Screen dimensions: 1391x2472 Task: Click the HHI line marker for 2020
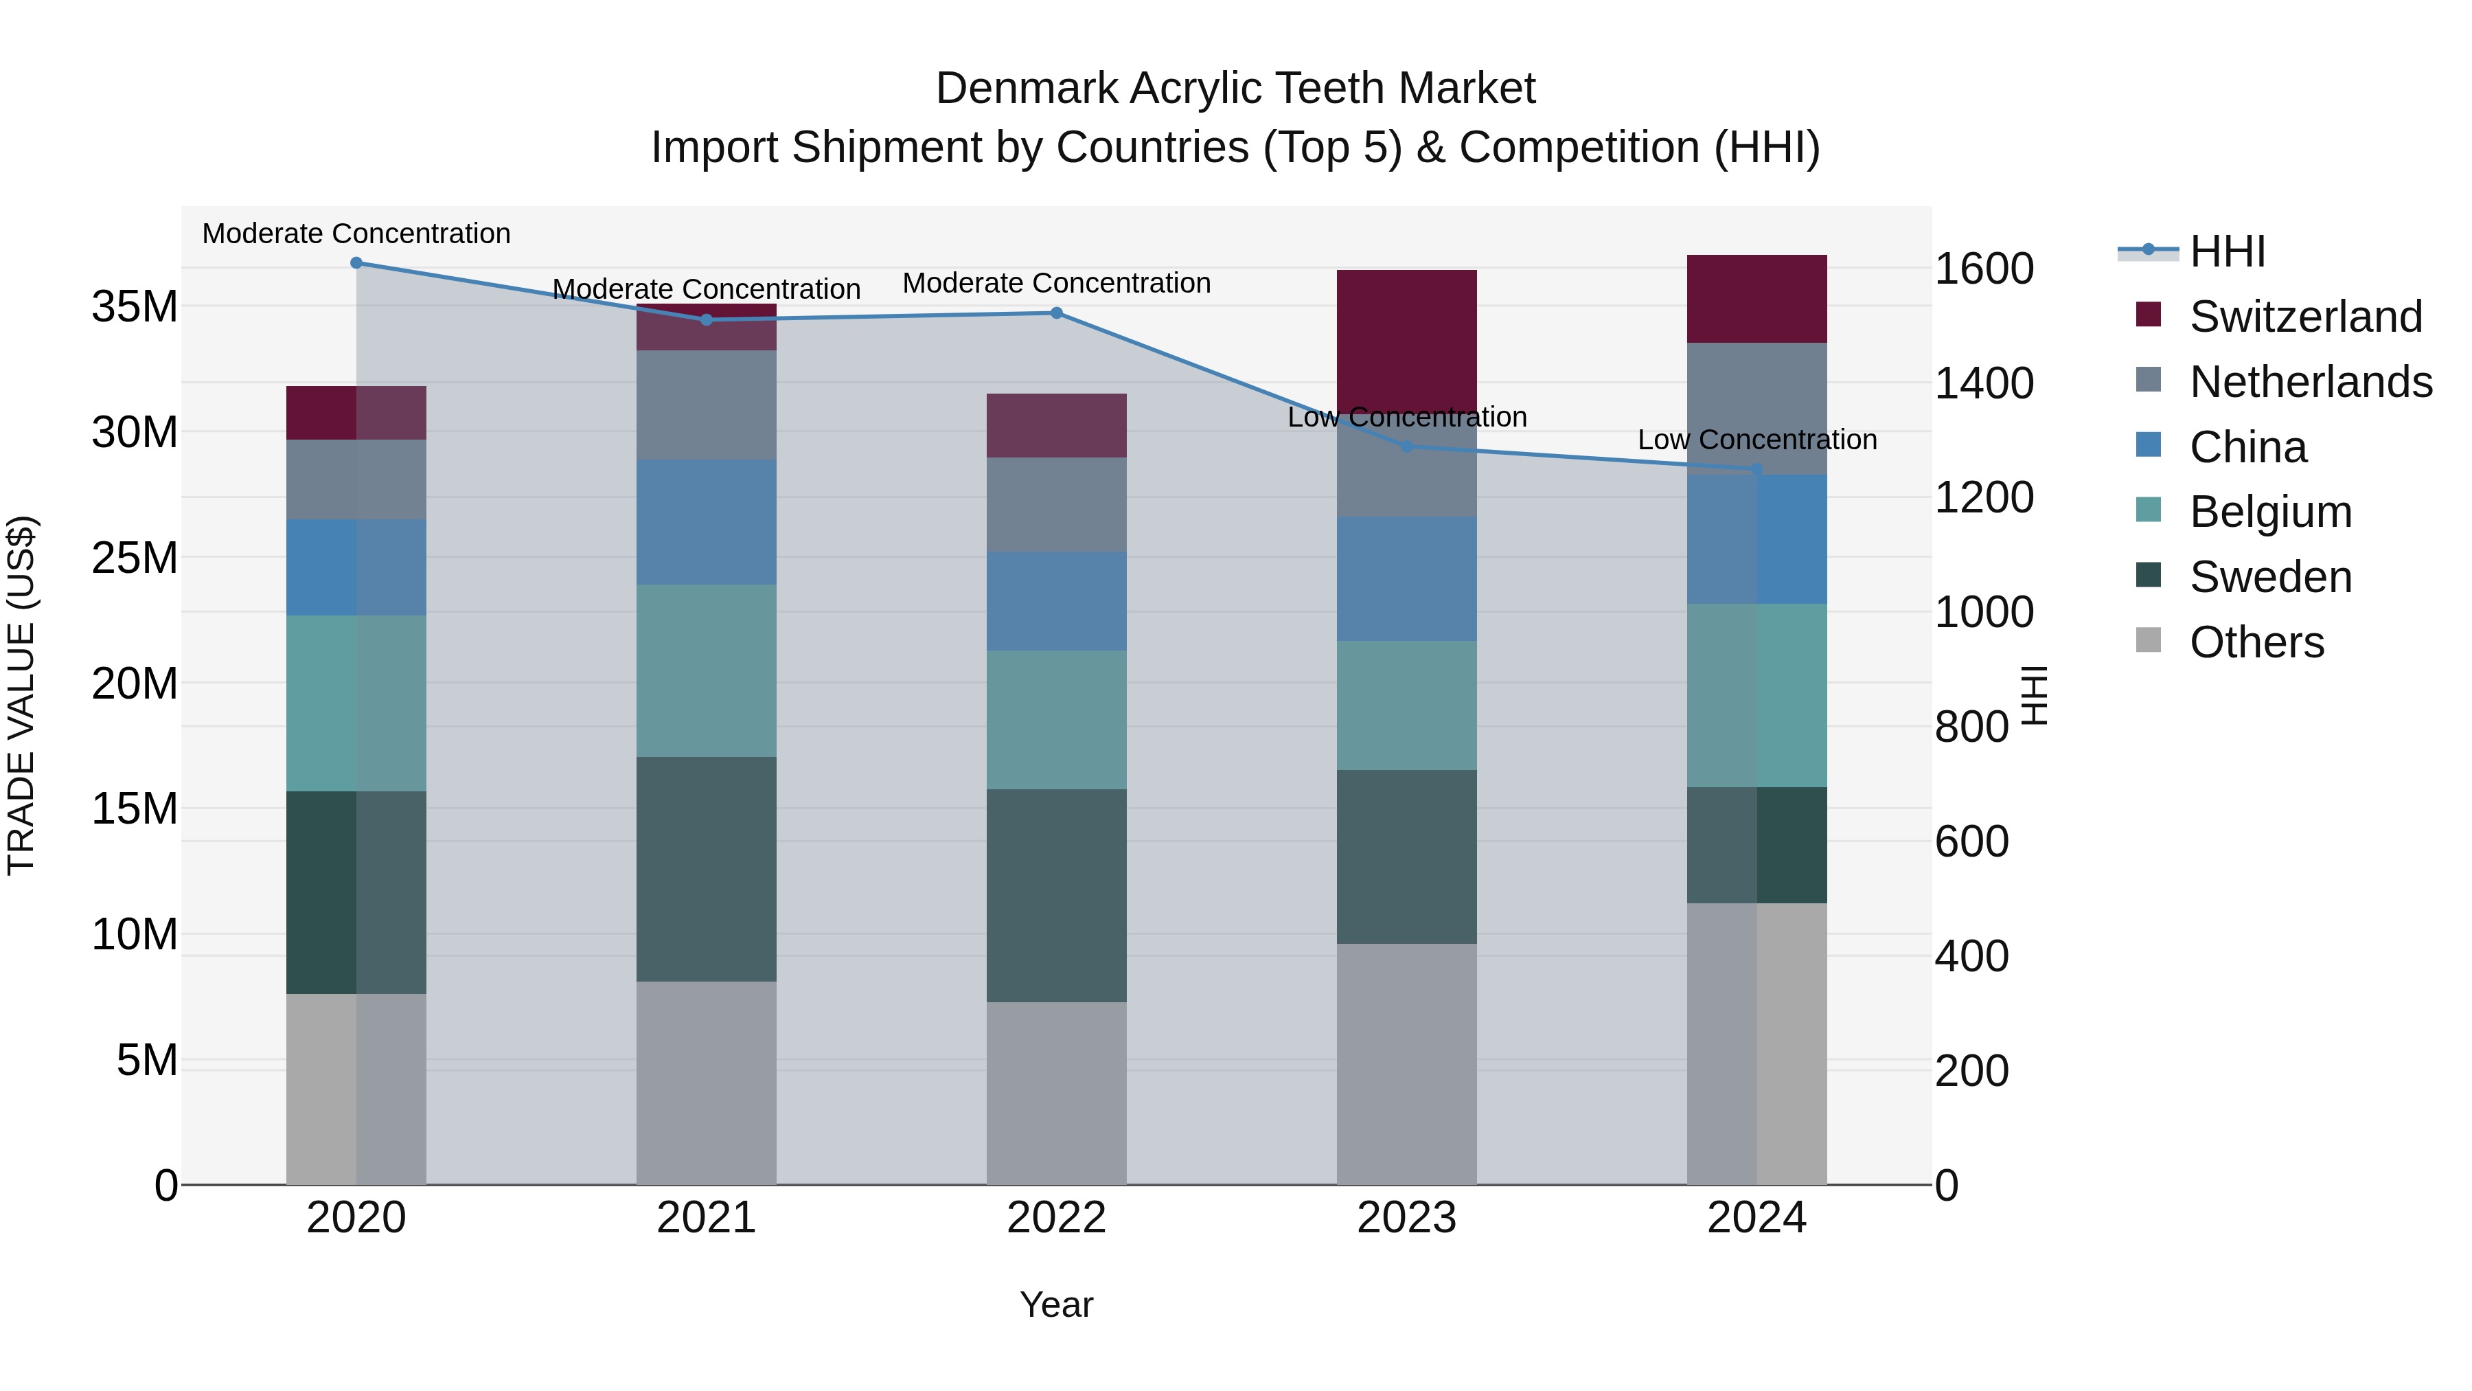click(356, 263)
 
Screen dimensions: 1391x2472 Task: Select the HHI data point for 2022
click(1057, 313)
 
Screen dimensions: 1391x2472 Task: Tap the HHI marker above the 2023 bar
click(1407, 446)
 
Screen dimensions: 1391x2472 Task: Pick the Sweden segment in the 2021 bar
click(707, 869)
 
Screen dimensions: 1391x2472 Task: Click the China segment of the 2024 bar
click(1757, 539)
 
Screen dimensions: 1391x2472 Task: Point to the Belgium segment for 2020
click(356, 703)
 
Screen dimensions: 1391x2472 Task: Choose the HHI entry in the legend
click(2226, 251)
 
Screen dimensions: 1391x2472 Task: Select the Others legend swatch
click(2149, 640)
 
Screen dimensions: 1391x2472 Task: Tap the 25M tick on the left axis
click(135, 558)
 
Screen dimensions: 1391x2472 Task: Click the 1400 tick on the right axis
click(1982, 383)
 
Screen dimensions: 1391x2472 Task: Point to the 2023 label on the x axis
click(1407, 1218)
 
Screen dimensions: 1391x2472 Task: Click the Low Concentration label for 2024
click(1757, 440)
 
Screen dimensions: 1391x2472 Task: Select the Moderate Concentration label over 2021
click(707, 289)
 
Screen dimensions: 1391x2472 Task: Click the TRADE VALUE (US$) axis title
click(21, 695)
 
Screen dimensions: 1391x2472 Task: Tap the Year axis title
click(1057, 1304)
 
